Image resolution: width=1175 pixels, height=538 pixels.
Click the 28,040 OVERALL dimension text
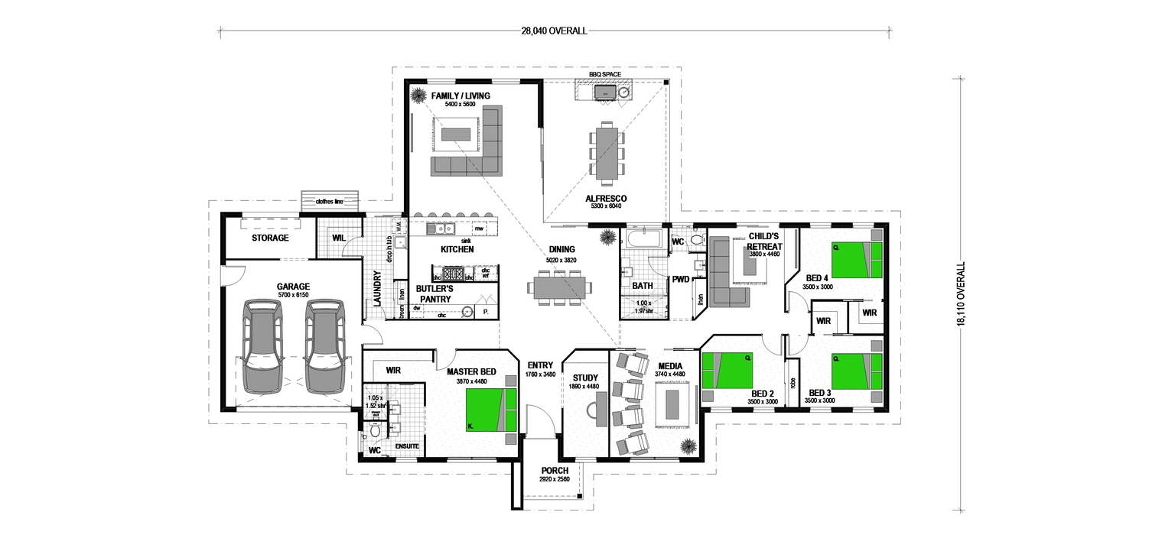tap(554, 31)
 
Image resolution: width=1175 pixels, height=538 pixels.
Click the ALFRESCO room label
tap(606, 198)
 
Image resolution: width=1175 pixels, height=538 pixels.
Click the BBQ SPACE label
tap(604, 75)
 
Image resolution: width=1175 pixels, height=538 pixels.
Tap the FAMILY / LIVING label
tap(461, 96)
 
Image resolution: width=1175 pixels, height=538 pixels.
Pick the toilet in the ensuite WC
tap(374, 432)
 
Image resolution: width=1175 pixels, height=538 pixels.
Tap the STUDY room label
tap(585, 377)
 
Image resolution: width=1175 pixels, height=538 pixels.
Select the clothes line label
tap(329, 202)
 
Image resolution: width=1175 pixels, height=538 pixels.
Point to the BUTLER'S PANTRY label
tap(435, 293)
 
